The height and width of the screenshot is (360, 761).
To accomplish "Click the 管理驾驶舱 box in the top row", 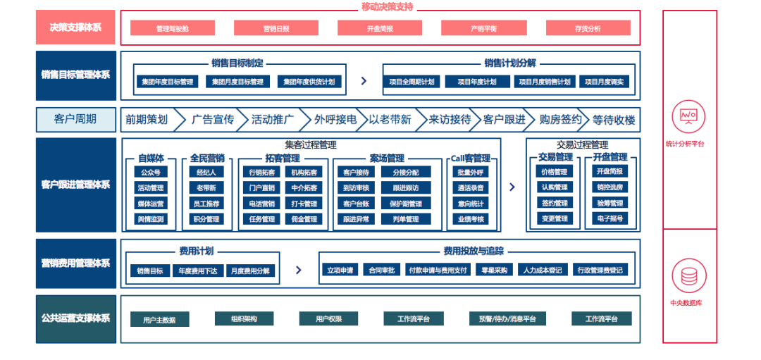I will coord(173,28).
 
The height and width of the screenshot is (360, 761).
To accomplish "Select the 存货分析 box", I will coord(587,28).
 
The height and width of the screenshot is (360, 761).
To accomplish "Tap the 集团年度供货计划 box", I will coord(310,82).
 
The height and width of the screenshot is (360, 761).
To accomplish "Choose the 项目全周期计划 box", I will coord(412,82).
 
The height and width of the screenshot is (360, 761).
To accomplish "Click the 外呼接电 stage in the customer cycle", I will coord(335,120).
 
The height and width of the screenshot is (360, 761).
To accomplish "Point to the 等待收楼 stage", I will coord(613,120).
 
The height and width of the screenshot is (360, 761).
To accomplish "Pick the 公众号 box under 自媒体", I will coord(151,172).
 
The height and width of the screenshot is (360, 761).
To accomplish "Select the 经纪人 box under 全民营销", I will coord(206,172).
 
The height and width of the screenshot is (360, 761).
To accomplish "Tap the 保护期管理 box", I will coord(405,204).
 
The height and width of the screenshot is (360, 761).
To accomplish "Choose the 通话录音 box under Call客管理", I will coord(471,188).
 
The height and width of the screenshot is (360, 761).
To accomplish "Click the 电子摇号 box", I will coord(610,219).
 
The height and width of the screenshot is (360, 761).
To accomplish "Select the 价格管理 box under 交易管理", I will coord(553,172).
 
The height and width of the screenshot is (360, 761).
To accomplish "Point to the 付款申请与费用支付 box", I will coord(438,270).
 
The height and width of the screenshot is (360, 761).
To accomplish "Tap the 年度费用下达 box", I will coord(197,271).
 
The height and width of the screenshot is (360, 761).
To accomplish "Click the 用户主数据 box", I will coord(159,320).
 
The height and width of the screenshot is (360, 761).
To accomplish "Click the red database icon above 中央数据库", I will coord(688,275).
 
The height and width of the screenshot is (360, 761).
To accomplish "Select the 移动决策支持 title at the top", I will coord(387,6).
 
